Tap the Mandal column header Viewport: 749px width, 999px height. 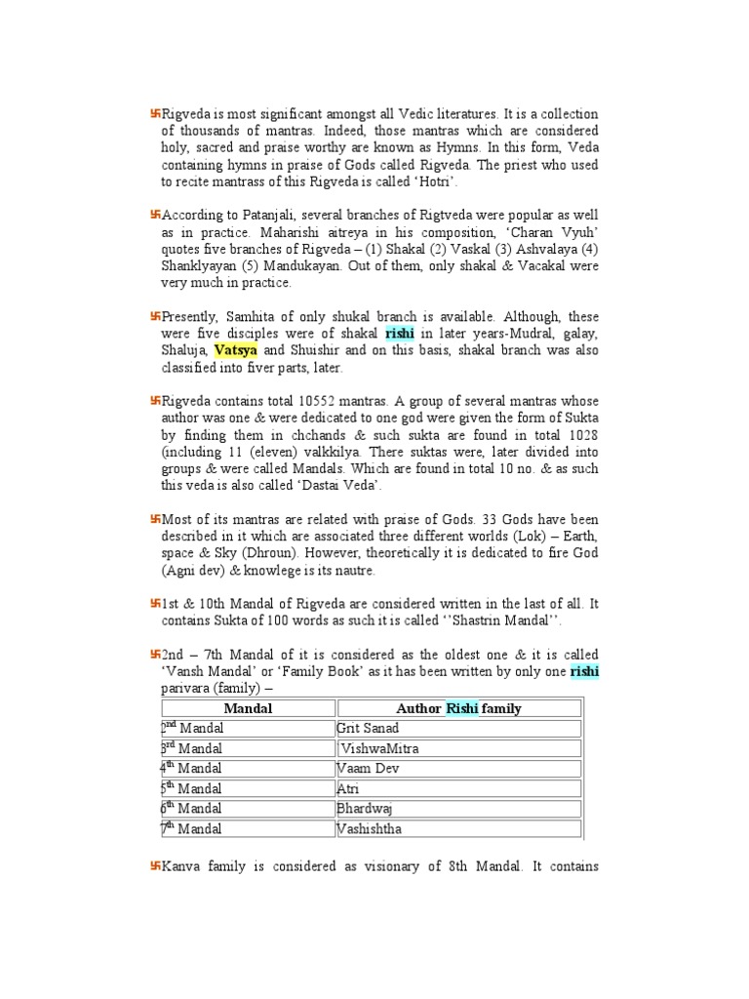248,708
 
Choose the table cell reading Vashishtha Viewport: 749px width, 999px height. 368,829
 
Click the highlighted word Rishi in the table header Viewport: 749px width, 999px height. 463,708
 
